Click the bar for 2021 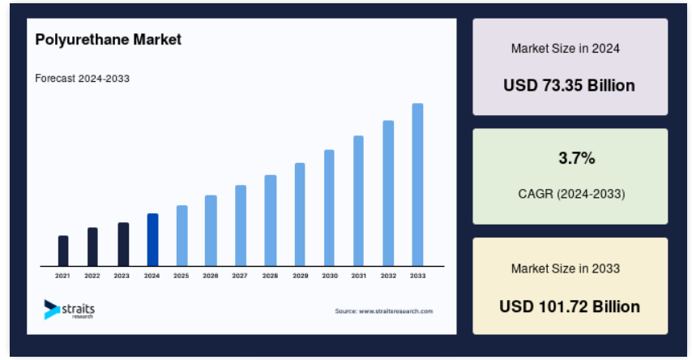click(x=63, y=251)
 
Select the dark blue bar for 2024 click(x=152, y=240)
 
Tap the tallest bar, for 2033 click(x=417, y=185)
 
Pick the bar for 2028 click(x=271, y=221)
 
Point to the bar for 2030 click(x=329, y=208)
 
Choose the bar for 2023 click(x=123, y=244)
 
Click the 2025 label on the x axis click(x=181, y=276)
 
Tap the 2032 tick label click(x=388, y=276)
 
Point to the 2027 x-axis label click(x=240, y=276)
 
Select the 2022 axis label click(x=92, y=276)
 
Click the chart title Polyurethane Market click(x=108, y=40)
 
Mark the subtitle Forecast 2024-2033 click(x=82, y=79)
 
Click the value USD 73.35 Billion click(x=570, y=85)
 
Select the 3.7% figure click(x=577, y=158)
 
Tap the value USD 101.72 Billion click(x=570, y=306)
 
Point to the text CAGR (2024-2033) click(x=571, y=194)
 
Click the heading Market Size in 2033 click(x=566, y=268)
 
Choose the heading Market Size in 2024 click(x=566, y=49)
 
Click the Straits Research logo click(x=70, y=310)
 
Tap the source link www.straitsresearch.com click(x=396, y=311)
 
